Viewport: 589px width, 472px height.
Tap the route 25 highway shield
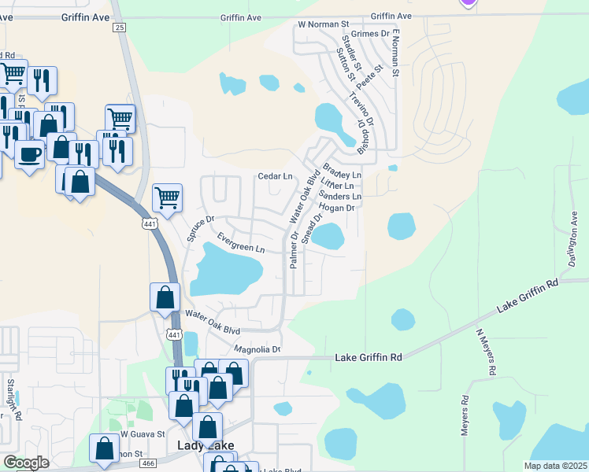click(120, 28)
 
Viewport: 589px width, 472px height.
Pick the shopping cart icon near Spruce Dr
click(167, 197)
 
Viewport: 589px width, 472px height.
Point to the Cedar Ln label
click(276, 176)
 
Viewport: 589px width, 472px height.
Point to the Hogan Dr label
click(339, 208)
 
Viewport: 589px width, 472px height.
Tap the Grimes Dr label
click(374, 34)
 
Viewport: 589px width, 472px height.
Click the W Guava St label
click(143, 433)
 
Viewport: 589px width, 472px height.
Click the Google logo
click(25, 463)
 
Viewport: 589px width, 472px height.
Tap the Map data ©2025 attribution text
click(555, 466)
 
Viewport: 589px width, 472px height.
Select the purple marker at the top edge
click(469, 2)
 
